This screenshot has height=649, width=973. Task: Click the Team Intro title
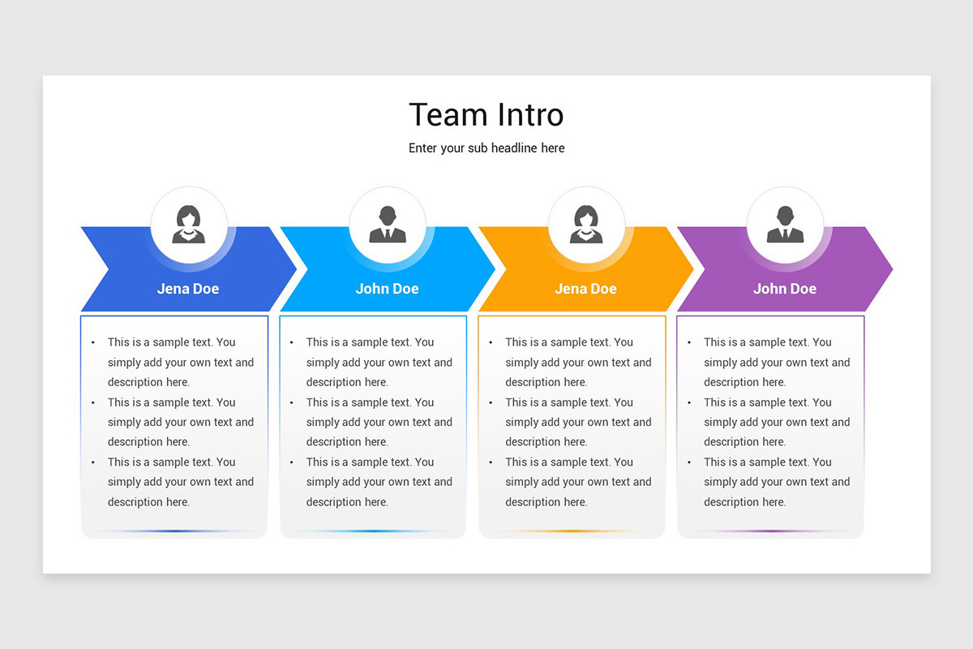486,115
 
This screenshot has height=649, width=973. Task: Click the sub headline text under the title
486,148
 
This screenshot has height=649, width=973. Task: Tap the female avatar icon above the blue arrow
188,225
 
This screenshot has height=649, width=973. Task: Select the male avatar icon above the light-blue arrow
388,225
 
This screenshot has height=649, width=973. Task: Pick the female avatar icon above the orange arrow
586,225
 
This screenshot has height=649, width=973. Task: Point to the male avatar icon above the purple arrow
785,225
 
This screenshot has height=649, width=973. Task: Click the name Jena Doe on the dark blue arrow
188,289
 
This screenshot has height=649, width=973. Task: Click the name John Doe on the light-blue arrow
387,289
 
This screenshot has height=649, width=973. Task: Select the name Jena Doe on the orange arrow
585,289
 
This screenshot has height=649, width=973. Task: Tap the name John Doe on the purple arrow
784,289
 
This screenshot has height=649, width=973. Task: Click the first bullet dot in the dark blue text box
93,343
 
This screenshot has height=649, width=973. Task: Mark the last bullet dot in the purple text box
690,462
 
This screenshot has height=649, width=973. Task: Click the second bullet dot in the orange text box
491,403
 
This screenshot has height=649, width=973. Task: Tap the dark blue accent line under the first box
174,531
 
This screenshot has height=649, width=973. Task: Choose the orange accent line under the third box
572,531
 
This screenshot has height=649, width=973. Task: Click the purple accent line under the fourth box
770,531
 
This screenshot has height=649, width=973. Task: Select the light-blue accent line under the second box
373,531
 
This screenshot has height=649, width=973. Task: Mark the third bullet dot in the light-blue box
292,462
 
